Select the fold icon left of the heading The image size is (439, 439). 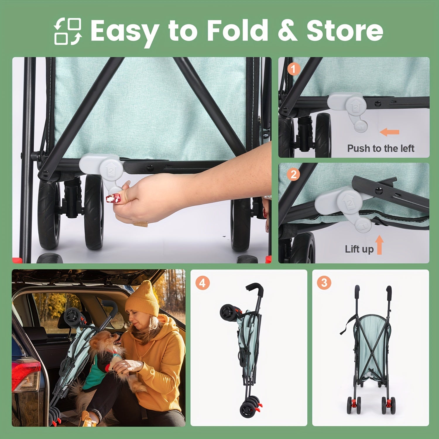pos(68,31)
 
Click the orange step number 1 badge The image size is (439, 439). pos(294,69)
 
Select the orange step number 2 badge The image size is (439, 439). pos(294,174)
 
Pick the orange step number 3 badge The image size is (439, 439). pos(324,283)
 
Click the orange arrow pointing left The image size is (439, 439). pos(389,132)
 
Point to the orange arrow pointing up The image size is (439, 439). pos(380,245)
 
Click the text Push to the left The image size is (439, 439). pos(380,148)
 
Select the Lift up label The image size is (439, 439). pos(359,249)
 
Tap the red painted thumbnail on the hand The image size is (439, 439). pos(113,198)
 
